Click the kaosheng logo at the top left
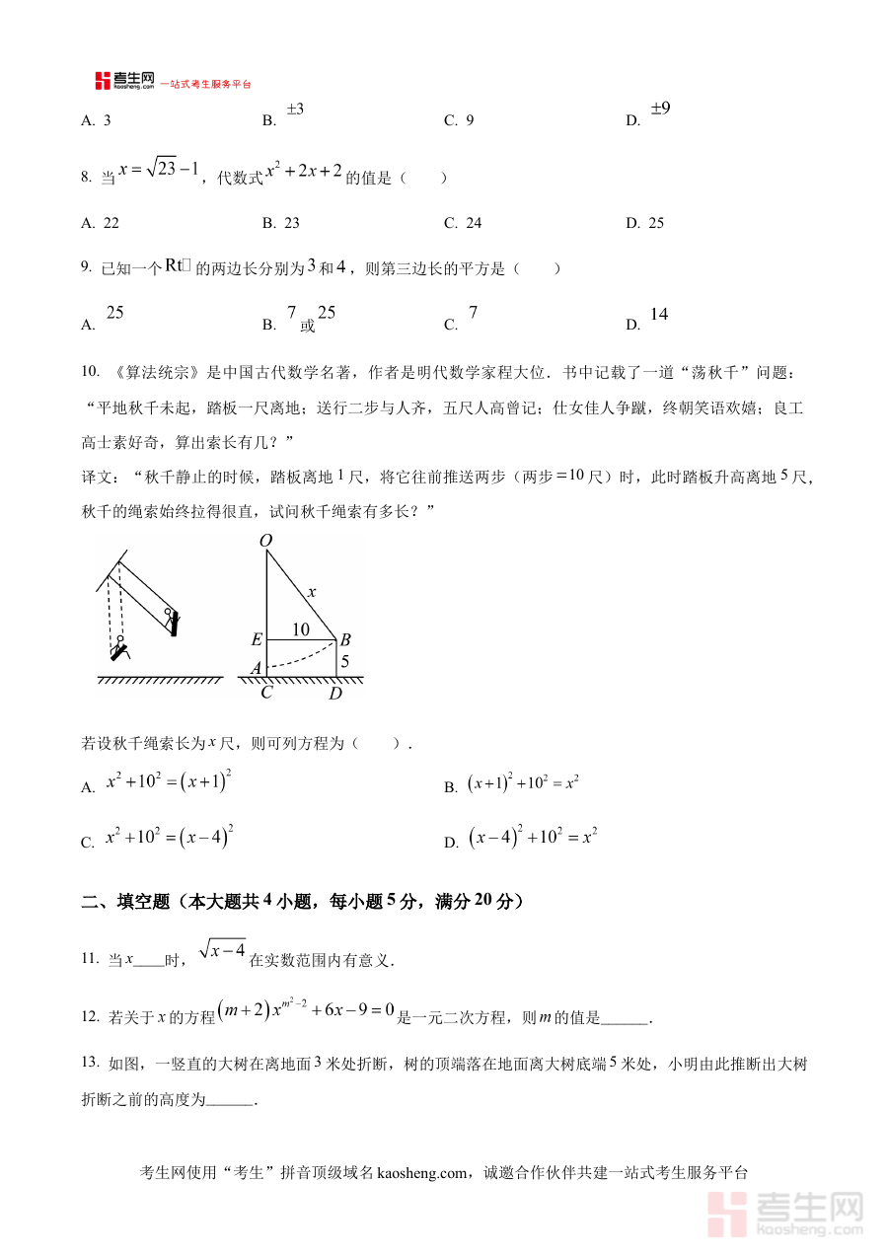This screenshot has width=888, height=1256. click(x=124, y=81)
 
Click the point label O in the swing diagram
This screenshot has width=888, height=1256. click(x=264, y=541)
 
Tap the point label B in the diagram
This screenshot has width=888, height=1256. click(x=345, y=640)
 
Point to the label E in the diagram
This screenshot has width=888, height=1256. click(x=257, y=640)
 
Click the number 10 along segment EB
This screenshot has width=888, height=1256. click(x=301, y=629)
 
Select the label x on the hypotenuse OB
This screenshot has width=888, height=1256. click(x=312, y=592)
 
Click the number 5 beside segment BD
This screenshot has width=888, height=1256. click(x=344, y=661)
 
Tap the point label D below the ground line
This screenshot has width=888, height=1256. click(x=335, y=693)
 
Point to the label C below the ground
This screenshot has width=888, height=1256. click(x=265, y=693)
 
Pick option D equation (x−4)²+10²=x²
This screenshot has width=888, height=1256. click(x=533, y=838)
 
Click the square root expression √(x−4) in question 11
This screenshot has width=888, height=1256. click(x=222, y=949)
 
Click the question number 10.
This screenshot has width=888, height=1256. click(x=91, y=371)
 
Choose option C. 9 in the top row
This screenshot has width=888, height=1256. click(x=460, y=121)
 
